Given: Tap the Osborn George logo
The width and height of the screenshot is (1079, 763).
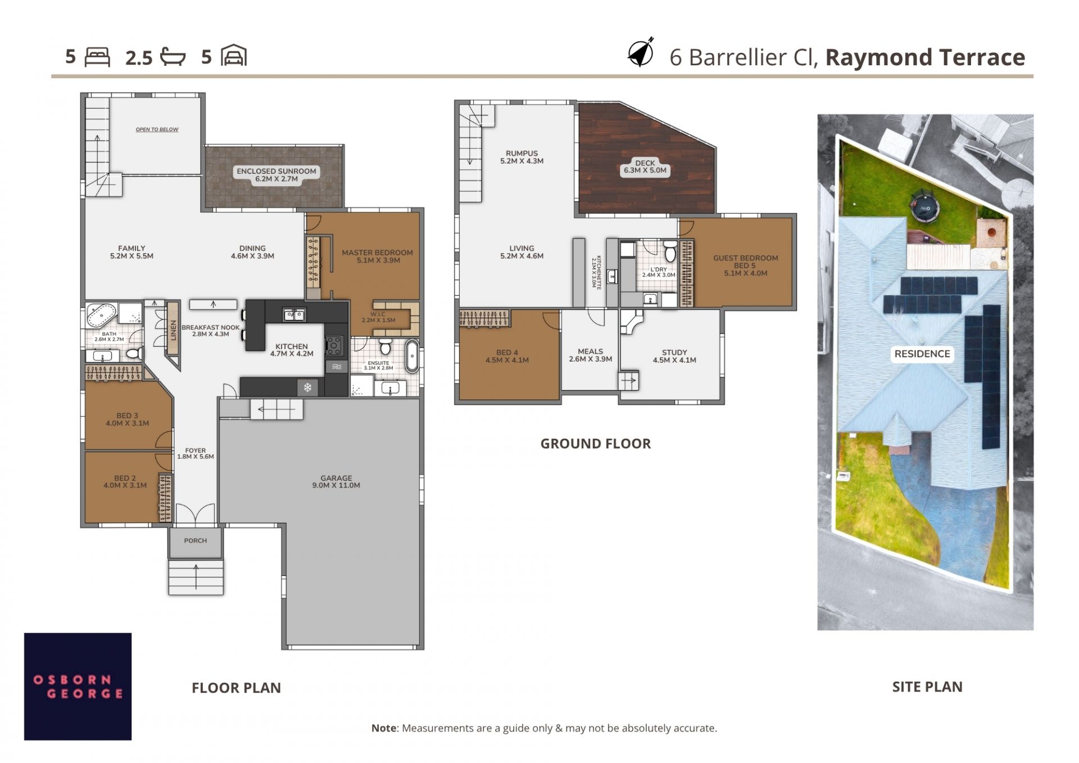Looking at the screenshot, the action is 78,686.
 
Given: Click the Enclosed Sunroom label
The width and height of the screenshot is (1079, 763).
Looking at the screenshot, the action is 276,175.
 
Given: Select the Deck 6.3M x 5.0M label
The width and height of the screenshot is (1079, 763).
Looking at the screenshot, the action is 645,167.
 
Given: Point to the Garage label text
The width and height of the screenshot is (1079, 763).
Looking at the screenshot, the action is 336,482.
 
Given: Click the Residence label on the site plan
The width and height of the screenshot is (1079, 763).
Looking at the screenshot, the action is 922,354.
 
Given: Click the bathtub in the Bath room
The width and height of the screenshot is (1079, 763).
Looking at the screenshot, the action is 102,315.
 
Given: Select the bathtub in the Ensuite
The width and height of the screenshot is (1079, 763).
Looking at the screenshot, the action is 412,355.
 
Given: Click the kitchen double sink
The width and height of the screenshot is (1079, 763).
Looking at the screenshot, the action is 294,315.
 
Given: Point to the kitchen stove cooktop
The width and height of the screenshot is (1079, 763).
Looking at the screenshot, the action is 334,345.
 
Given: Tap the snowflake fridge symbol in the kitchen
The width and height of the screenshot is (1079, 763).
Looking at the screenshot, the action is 308,387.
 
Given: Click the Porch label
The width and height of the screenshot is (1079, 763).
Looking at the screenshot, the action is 196,541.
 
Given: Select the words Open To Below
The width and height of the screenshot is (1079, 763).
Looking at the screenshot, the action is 157,129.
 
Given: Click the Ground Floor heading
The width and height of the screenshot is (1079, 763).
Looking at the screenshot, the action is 596,444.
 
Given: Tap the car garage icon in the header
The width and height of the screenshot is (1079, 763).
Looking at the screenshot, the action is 234,56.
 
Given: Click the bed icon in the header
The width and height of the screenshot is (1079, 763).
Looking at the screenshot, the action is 97,57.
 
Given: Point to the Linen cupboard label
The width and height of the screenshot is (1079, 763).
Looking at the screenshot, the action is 173,330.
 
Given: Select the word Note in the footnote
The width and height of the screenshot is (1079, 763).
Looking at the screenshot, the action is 384,728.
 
